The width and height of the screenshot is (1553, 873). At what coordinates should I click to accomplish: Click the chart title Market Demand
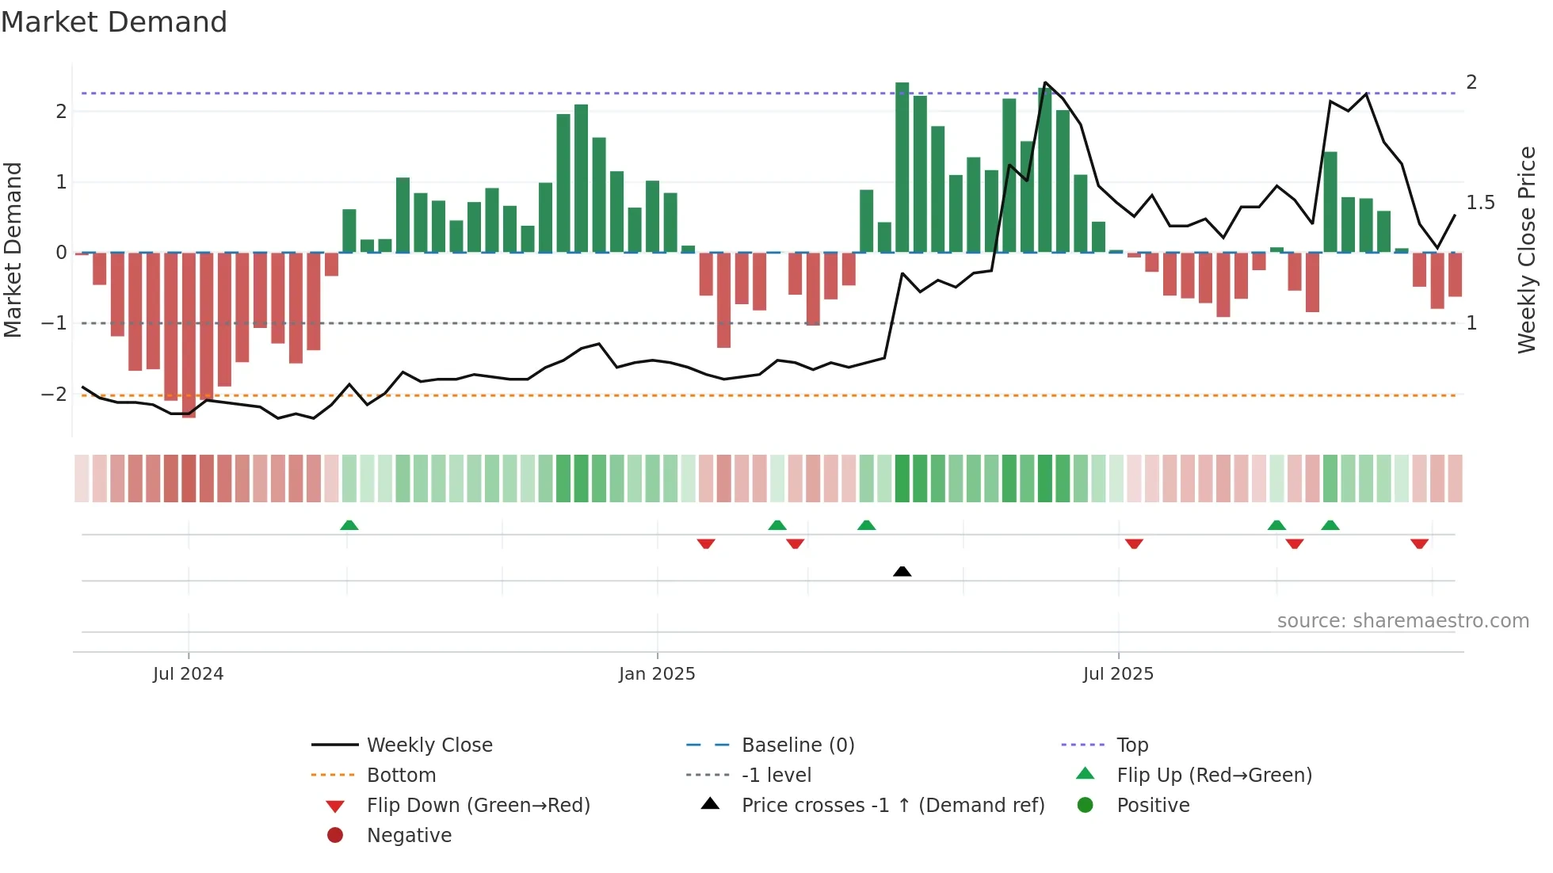pos(114,22)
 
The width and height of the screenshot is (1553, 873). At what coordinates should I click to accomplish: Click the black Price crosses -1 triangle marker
pos(902,571)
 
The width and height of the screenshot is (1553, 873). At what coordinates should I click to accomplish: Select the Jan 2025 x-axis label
pos(657,674)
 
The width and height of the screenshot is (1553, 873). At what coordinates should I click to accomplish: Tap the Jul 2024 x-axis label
pos(188,674)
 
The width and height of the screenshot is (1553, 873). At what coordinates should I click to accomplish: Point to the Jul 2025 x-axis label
pos(1118,674)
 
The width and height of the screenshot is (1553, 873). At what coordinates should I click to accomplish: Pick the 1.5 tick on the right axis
pos(1480,203)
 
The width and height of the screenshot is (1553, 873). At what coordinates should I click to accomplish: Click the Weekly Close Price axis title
pos(1526,250)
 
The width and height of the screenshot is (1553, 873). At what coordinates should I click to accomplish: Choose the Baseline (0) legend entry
pos(797,745)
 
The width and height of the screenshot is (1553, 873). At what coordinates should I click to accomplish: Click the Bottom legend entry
pos(401,776)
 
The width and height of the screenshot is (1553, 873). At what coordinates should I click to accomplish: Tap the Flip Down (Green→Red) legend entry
pos(478,806)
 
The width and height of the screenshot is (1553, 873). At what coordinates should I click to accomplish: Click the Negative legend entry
pos(409,836)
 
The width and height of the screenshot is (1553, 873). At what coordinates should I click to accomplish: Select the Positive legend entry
pos(1153,806)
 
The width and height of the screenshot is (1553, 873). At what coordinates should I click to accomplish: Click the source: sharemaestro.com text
pos(1402,621)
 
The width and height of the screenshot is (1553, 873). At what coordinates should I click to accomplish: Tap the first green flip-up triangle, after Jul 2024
pos(349,525)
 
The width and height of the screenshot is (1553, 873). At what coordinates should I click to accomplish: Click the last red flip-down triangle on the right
pos(1419,543)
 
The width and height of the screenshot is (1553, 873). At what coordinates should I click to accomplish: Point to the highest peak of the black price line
pos(1046,82)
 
